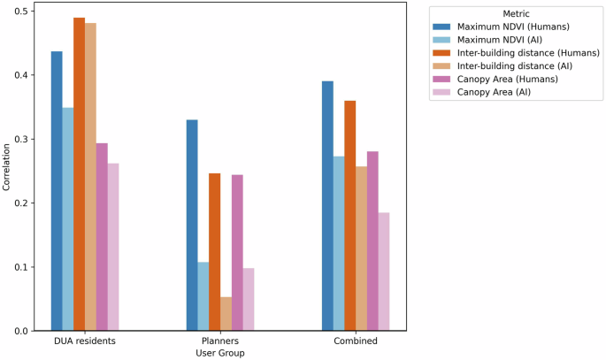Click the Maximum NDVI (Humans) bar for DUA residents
coord(57,191)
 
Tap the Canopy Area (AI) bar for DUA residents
coord(113,247)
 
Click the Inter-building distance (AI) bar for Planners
coord(226,314)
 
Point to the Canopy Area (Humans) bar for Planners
coord(237,253)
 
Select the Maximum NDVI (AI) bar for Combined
coord(339,243)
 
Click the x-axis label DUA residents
coord(85,341)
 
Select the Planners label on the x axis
coord(220,341)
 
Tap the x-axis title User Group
coord(220,353)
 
